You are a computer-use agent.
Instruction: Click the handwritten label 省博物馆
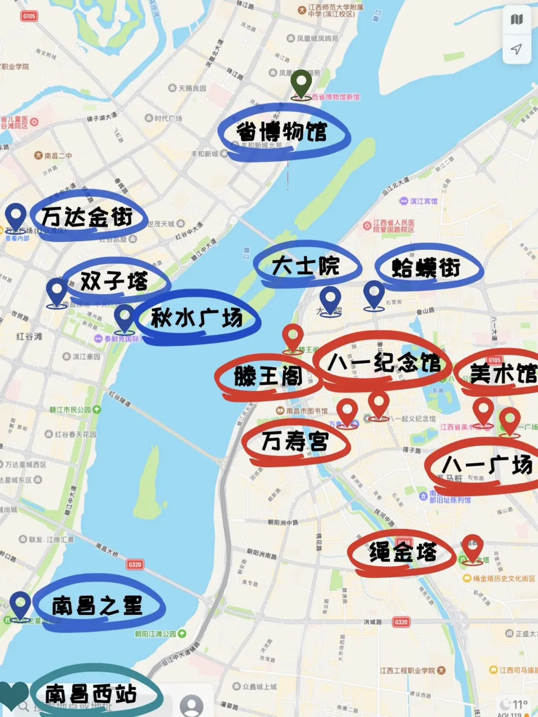(282, 132)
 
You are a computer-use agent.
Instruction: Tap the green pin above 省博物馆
(301, 83)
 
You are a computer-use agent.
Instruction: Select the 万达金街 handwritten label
(87, 217)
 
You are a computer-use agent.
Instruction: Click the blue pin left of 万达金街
(15, 217)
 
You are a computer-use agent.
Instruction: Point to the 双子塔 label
(115, 281)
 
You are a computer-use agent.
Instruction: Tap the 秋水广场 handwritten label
(197, 318)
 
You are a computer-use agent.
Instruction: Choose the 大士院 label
(306, 266)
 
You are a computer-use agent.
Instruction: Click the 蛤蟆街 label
(426, 268)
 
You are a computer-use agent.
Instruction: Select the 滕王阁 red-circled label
(268, 376)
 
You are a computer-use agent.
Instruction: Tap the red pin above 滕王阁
(293, 337)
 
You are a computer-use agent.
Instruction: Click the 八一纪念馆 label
(384, 362)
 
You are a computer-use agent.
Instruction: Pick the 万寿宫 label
(295, 441)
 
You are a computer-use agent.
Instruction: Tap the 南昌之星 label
(98, 605)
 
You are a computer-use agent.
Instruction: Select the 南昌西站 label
(91, 693)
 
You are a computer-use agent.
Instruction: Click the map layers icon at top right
(517, 20)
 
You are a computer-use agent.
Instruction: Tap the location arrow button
(517, 49)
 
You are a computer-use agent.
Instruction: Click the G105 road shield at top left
(29, 16)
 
